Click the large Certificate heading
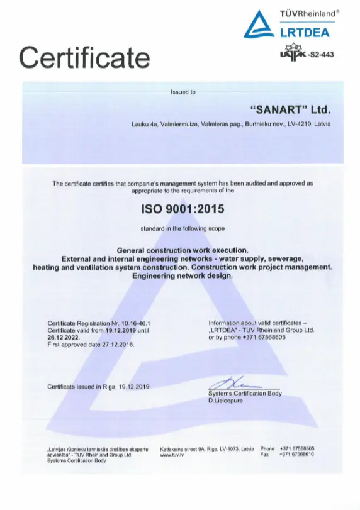coord(85,57)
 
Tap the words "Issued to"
coord(183,92)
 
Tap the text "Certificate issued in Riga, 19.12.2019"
coord(99,386)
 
